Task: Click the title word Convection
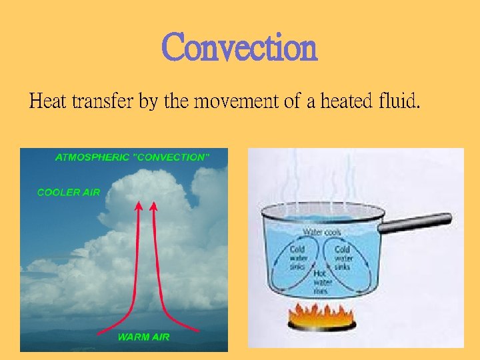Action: (x=239, y=47)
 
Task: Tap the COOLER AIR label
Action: (x=69, y=193)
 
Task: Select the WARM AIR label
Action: (x=143, y=337)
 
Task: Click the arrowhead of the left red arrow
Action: (x=139, y=207)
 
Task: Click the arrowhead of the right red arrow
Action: (x=155, y=207)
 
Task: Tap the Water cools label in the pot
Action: (x=322, y=233)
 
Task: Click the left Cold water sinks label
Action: (x=298, y=258)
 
